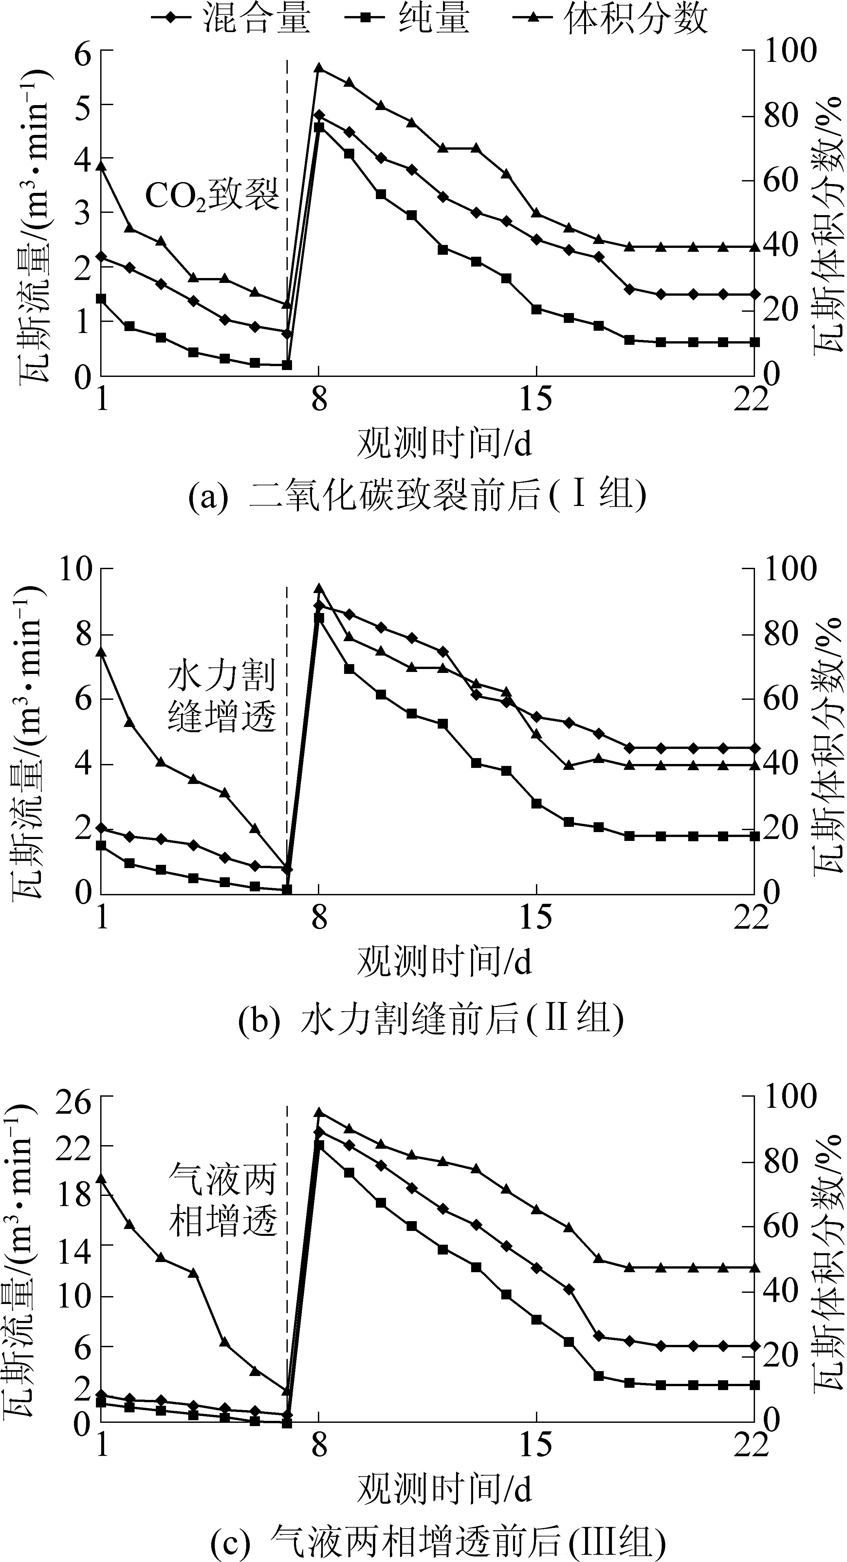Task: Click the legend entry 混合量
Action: (x=230, y=18)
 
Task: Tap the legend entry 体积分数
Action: (x=609, y=18)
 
